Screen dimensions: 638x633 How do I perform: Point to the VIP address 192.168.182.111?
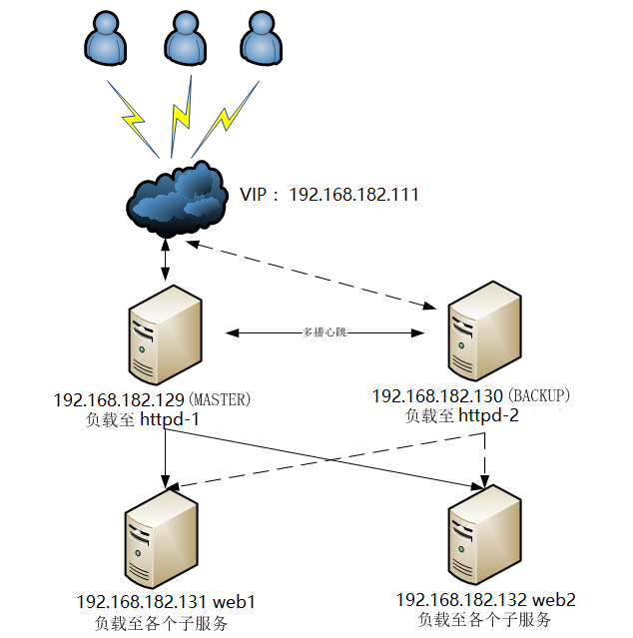coord(353,194)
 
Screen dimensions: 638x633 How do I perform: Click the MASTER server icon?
coord(165,335)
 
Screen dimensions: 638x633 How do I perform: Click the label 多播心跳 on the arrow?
coord(323,332)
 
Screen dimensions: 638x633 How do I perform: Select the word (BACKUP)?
coord(539,396)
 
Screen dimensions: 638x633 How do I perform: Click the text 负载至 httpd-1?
coord(144,420)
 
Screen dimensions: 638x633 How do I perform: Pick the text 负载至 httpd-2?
coord(462,415)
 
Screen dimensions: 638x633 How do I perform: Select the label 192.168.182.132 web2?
coord(486,600)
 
